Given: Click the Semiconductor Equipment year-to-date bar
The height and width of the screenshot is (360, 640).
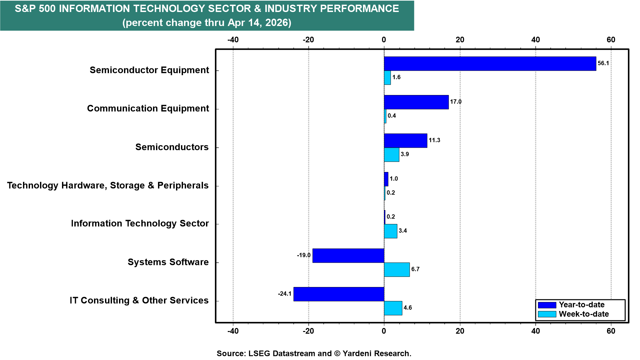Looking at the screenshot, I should coord(490,64).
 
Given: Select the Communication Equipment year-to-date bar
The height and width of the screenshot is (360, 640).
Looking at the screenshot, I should coord(416,102).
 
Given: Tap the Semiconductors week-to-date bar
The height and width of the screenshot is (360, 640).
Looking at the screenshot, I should coord(392,155).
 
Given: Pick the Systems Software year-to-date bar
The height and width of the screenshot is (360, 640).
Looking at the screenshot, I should coord(348,256).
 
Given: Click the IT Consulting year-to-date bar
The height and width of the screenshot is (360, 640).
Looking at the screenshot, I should coord(339,294).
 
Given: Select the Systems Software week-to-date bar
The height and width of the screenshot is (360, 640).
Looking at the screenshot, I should coord(397,270).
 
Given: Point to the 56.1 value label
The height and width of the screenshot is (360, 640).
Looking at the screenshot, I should coord(603,63).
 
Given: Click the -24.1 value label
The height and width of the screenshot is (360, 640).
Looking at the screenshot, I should coord(285,294).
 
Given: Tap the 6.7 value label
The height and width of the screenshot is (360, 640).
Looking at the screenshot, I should coord(415,269).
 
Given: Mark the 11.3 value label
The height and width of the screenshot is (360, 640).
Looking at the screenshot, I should coord(434,140).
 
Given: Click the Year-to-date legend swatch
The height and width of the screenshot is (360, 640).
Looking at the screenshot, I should coord(547,305).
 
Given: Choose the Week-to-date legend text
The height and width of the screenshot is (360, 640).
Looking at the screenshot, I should coord(584,314).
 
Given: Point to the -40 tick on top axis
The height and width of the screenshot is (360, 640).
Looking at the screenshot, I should coord(233,40).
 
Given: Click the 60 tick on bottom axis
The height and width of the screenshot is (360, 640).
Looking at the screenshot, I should coord(611,331).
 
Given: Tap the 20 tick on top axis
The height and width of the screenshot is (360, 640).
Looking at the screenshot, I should coord(460,40).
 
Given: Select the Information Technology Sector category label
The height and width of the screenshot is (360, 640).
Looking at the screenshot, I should coord(140,223).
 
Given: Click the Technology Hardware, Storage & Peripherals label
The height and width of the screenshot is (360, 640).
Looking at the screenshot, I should coord(108,185).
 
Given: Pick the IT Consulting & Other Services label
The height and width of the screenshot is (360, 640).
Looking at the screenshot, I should coord(139,300).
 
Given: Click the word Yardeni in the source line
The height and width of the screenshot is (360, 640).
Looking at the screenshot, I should coord(357,353).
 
